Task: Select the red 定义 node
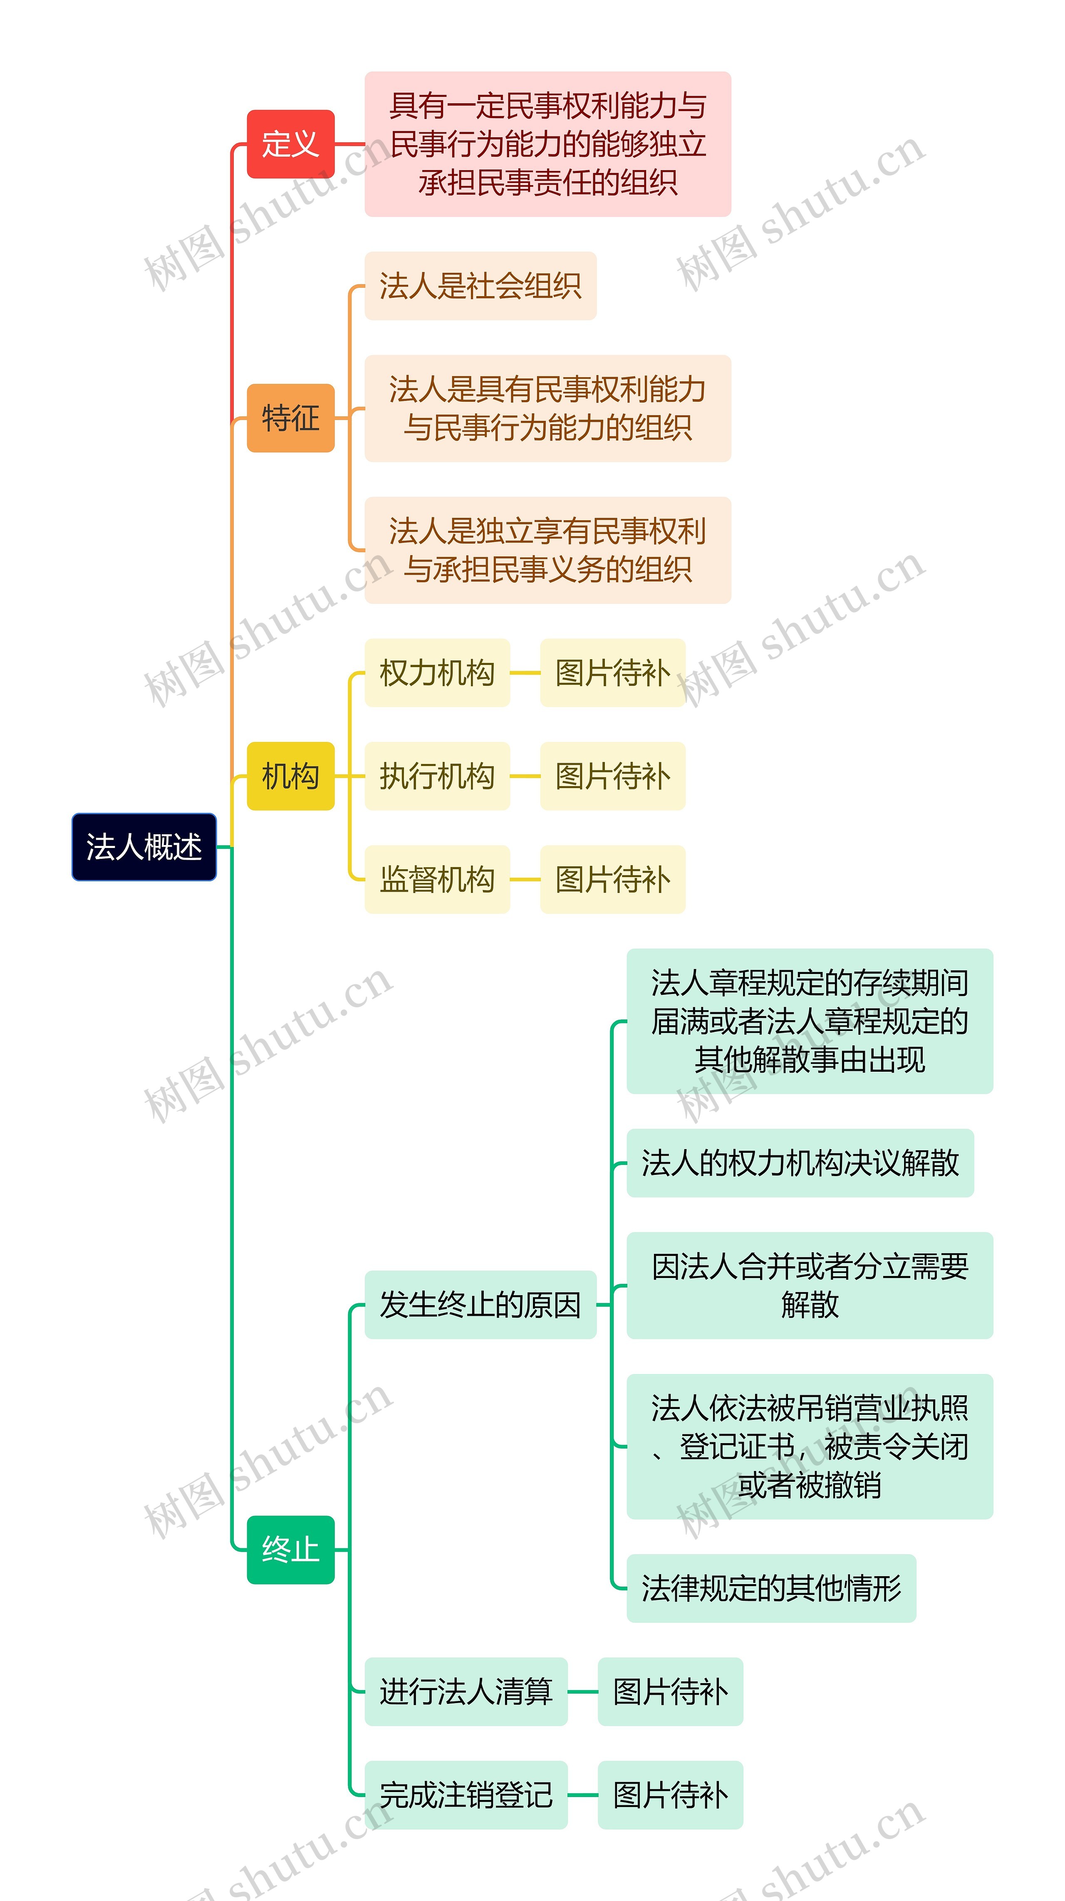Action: click(x=291, y=144)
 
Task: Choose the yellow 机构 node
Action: click(x=291, y=776)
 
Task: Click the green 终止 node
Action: click(x=291, y=1550)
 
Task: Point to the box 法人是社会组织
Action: click(x=480, y=286)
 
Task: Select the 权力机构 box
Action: click(x=437, y=673)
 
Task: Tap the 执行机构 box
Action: click(x=437, y=776)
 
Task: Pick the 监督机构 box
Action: click(x=437, y=880)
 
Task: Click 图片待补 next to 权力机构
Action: click(x=612, y=673)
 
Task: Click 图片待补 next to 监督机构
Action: click(x=612, y=880)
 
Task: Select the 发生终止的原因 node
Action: click(x=480, y=1305)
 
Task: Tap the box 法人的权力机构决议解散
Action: click(x=800, y=1163)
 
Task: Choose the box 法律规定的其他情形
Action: click(x=771, y=1588)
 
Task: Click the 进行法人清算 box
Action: click(x=466, y=1691)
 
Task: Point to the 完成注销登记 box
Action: click(x=466, y=1795)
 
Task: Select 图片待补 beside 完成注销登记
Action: click(x=670, y=1795)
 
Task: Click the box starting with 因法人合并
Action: click(x=810, y=1285)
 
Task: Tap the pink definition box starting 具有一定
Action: click(x=547, y=144)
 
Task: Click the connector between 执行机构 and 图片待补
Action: click(x=525, y=776)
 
